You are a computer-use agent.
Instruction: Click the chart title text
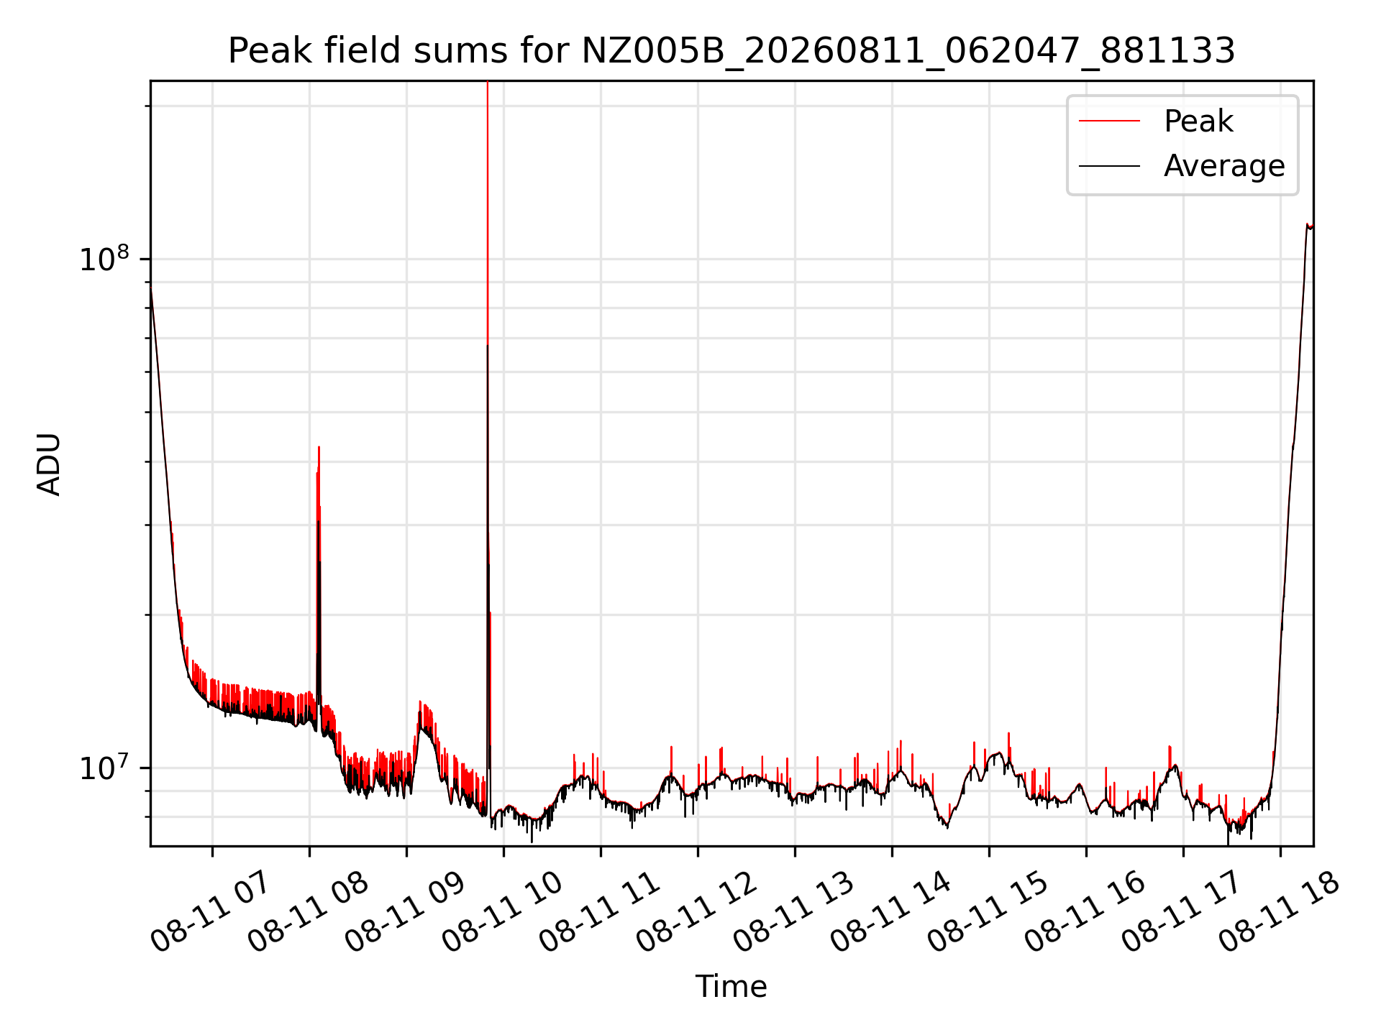point(731,51)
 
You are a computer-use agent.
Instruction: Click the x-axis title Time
point(731,987)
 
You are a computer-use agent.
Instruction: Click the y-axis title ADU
point(49,464)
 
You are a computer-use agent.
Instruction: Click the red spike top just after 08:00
point(319,447)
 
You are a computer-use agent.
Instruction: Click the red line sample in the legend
point(1109,121)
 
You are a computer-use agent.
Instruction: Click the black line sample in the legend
point(1109,166)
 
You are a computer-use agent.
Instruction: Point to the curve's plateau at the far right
point(1310,226)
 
